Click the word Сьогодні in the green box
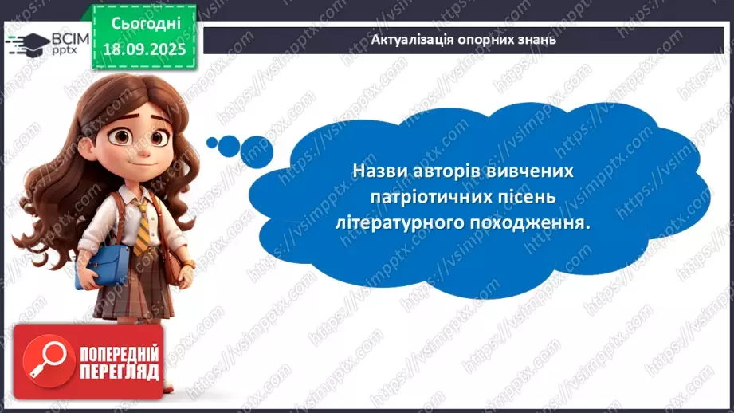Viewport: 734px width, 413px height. pos(145,23)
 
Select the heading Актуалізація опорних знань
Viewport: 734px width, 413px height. pos(464,39)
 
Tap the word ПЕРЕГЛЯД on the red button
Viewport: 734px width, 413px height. pos(119,372)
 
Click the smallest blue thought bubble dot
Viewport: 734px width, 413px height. pos(212,144)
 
